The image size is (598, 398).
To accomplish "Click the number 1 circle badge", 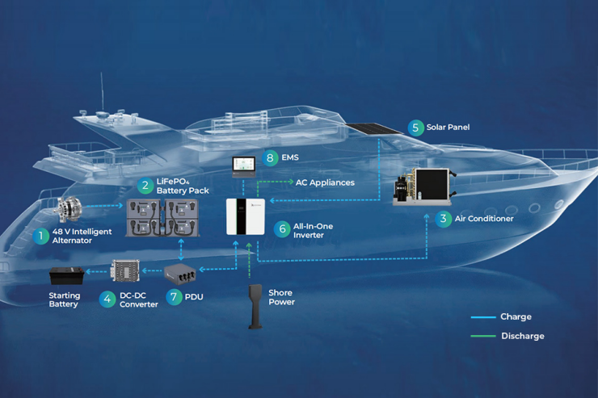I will coord(40,236).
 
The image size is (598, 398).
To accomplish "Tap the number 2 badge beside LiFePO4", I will coord(145,186).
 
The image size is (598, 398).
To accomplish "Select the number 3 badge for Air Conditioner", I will coord(442,219).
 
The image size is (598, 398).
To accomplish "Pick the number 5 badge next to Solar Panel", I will coord(415,128).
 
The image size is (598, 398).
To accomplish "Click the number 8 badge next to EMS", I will coord(270,159).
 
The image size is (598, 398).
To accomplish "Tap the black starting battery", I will coord(65,277).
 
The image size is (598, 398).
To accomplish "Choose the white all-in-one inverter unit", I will coord(245,216).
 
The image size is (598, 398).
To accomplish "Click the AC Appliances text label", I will coord(325,182).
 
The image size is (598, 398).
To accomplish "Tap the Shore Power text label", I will coord(281,297).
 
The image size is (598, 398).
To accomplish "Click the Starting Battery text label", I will coord(64,300).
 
